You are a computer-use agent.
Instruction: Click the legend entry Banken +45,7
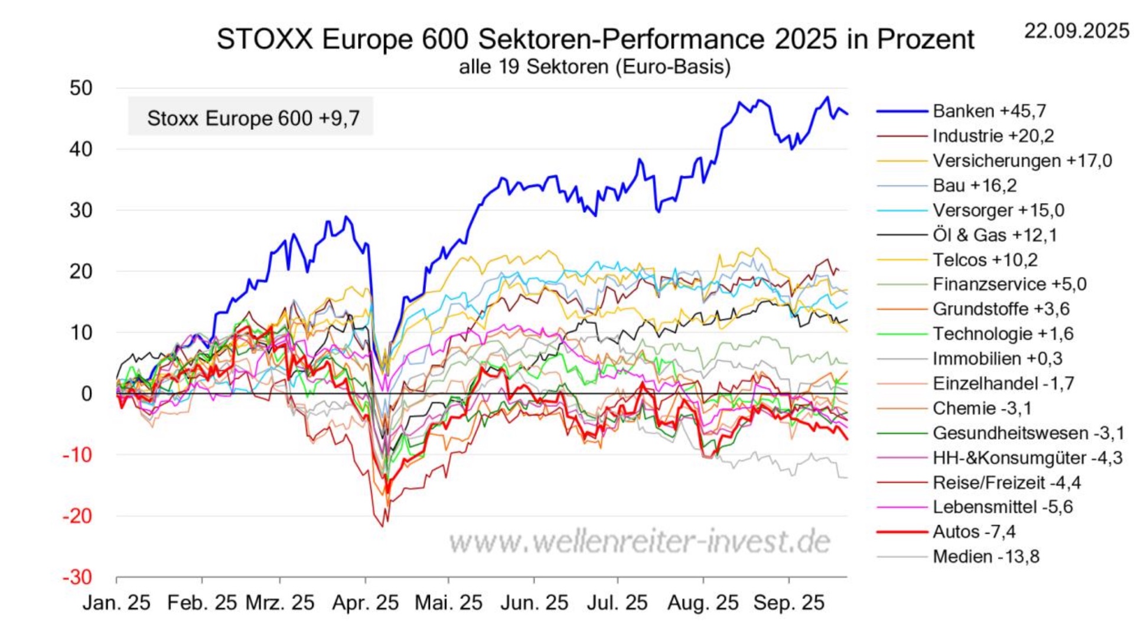tap(989, 111)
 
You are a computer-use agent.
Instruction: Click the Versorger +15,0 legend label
tap(998, 210)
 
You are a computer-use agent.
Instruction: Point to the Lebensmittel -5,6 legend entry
tap(1002, 507)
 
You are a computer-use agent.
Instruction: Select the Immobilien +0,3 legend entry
tap(997, 359)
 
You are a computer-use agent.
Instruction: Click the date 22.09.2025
tap(1076, 31)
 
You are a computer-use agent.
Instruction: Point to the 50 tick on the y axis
tap(81, 89)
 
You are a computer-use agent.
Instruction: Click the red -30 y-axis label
tap(77, 577)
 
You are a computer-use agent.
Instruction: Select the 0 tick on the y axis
tap(86, 393)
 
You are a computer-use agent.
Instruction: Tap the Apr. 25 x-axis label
tap(365, 603)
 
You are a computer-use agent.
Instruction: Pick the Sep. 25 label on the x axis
tap(788, 603)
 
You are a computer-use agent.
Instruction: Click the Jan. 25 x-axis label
tap(116, 603)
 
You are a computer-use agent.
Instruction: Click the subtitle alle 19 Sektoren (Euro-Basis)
tap(594, 67)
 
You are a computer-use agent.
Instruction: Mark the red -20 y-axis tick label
tap(77, 516)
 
